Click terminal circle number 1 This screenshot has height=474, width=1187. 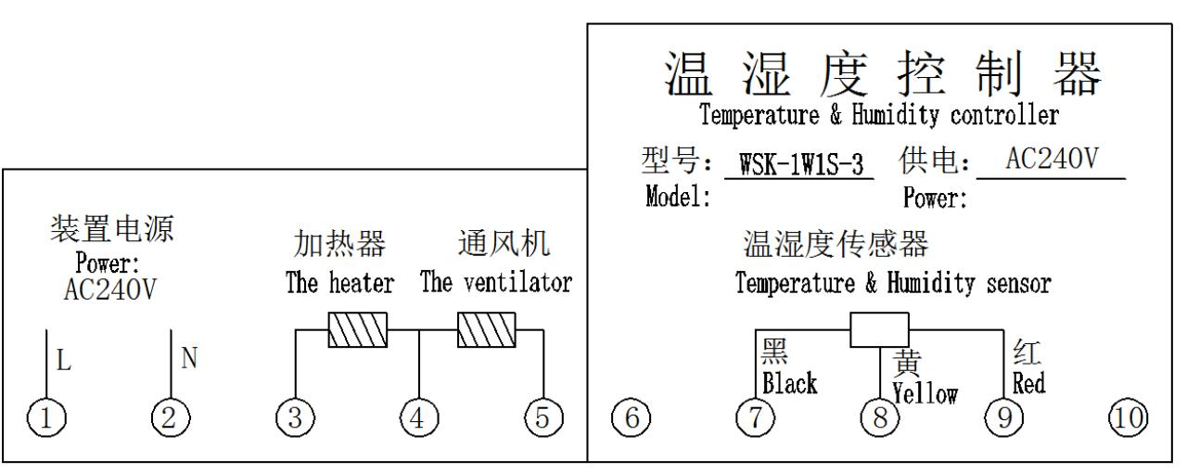pos(46,419)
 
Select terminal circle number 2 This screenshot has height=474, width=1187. pos(169,419)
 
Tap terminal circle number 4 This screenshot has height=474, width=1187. pos(418,419)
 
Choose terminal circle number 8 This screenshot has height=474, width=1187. pos(879,419)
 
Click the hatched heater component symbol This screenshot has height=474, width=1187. pos(357,328)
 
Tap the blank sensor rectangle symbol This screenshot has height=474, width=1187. pos(879,328)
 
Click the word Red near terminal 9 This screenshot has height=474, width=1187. pos(1029,383)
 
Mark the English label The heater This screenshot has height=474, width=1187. pos(339,283)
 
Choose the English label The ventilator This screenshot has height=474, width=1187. pos(495,283)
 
